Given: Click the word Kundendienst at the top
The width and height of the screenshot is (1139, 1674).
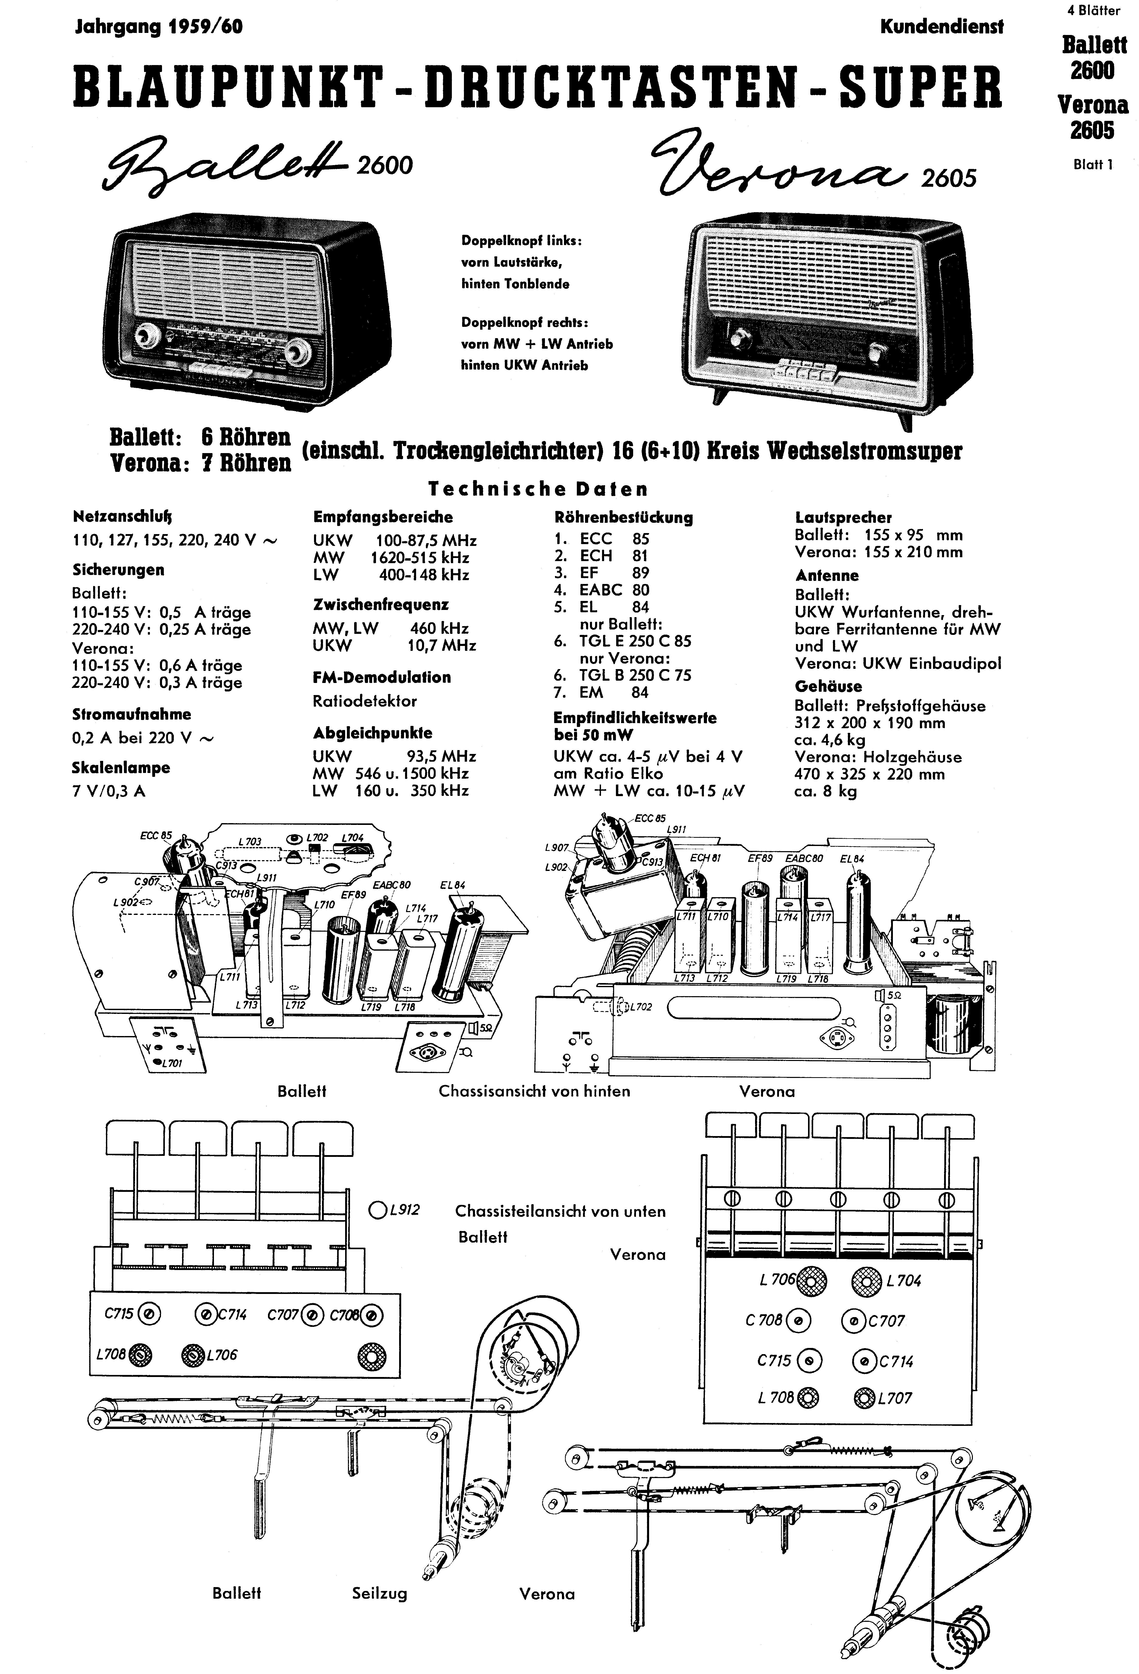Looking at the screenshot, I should (x=941, y=27).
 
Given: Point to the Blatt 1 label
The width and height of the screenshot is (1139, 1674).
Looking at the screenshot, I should (x=1093, y=164).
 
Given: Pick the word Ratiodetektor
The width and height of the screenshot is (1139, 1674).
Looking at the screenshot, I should (x=365, y=701).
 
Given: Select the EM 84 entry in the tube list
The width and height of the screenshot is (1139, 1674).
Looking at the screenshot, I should (x=614, y=692).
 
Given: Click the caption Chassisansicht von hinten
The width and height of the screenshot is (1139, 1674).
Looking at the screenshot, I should (x=534, y=1091).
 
